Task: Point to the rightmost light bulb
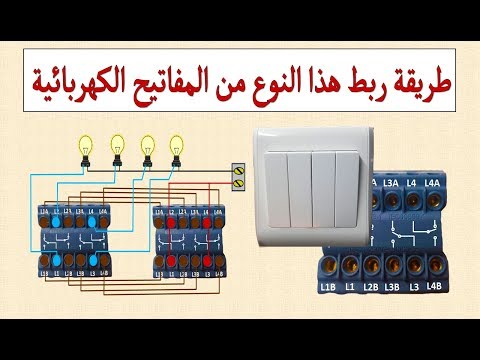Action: (x=180, y=145)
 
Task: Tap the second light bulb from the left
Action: (x=117, y=145)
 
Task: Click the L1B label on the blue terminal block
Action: (x=329, y=288)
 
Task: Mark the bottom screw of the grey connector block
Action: (x=239, y=182)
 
